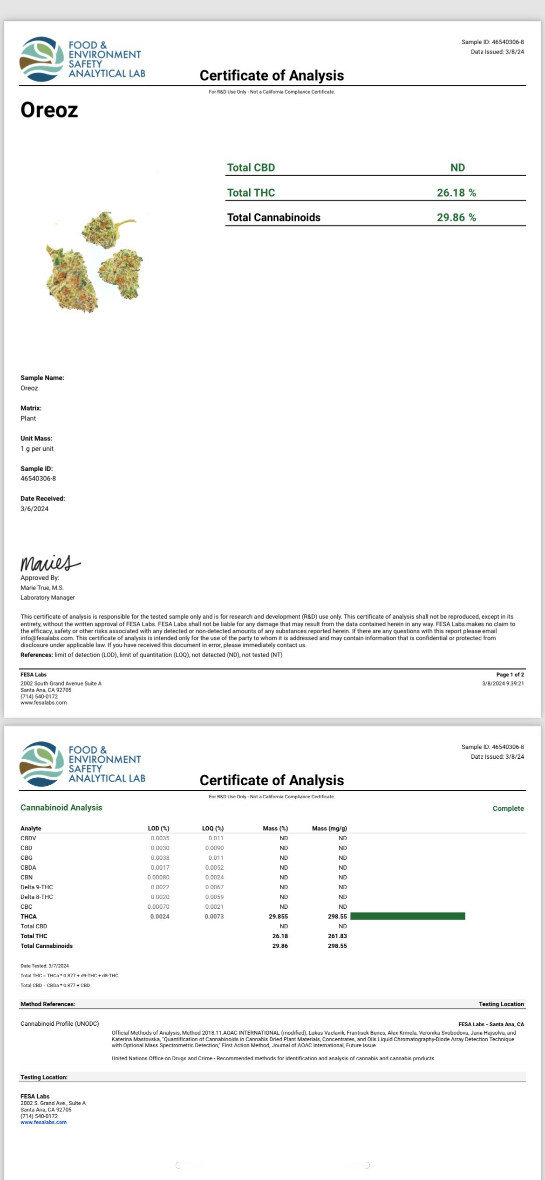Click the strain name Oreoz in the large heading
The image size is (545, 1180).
(x=49, y=110)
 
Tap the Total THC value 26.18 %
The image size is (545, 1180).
(x=456, y=192)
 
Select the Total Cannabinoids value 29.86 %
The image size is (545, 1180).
(x=456, y=217)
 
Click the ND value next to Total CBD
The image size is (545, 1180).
(x=457, y=167)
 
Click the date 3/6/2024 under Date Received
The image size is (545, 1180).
(x=34, y=508)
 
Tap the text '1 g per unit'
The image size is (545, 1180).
(x=37, y=448)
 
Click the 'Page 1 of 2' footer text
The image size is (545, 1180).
(x=510, y=674)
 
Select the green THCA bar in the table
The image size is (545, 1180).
(x=407, y=916)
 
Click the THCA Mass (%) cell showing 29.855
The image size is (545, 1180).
(x=278, y=916)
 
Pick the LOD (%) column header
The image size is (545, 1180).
(x=158, y=828)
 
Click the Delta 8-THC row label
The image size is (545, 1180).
(x=36, y=897)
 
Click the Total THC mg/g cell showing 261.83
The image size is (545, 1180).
(x=337, y=936)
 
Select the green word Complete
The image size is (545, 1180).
(x=508, y=808)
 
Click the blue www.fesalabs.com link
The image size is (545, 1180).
(x=43, y=1122)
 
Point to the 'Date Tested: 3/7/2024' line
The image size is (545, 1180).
(x=45, y=966)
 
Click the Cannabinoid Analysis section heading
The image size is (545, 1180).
(x=61, y=808)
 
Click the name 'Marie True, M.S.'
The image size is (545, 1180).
(x=42, y=588)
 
